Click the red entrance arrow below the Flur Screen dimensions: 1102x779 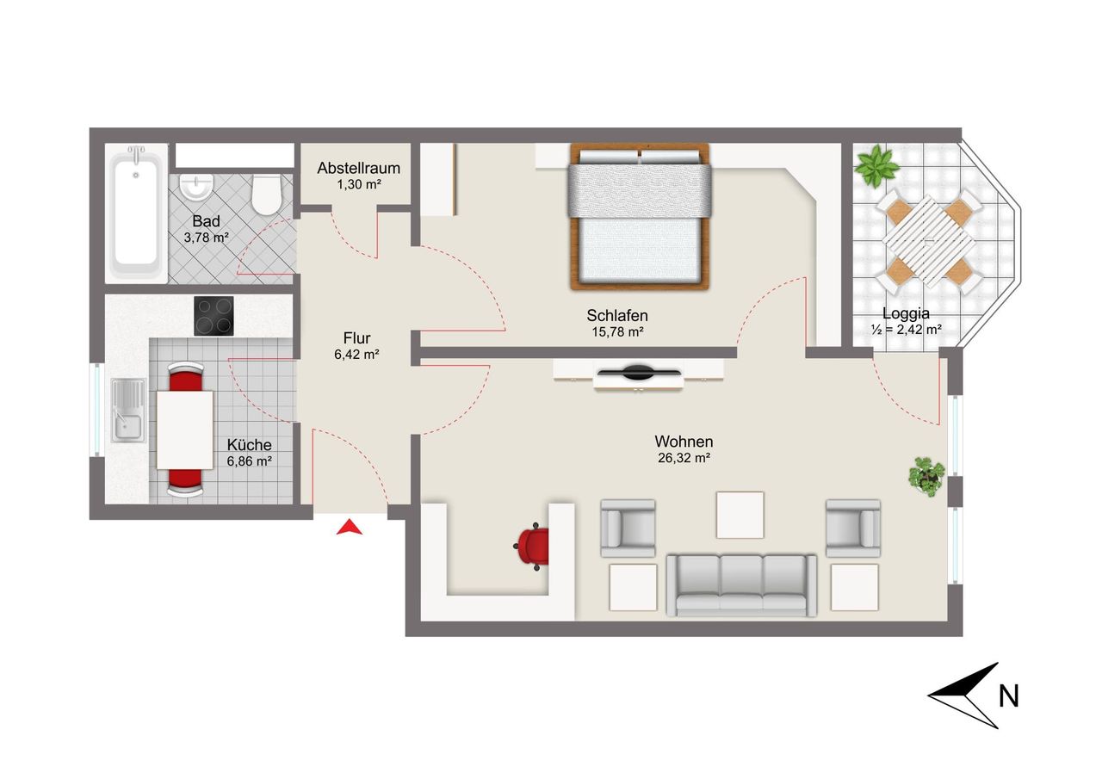350,528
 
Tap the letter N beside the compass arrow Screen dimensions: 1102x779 1008,696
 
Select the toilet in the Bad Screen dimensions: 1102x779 266,195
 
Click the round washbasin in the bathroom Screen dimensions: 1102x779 196,187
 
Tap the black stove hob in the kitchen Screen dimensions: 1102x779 214,316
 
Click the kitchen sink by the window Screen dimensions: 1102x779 128,410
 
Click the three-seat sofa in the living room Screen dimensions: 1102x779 741,585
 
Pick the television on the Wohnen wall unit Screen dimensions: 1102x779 639,373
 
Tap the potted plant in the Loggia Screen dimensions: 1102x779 876,165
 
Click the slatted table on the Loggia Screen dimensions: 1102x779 929,242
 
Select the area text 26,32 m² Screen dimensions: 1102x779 684,458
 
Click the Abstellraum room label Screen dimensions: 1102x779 359,168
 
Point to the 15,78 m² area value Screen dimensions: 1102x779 617,332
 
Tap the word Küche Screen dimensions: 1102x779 249,444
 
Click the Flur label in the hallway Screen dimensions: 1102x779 356,338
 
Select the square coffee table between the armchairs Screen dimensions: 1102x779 740,515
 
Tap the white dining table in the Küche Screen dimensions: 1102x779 185,430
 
